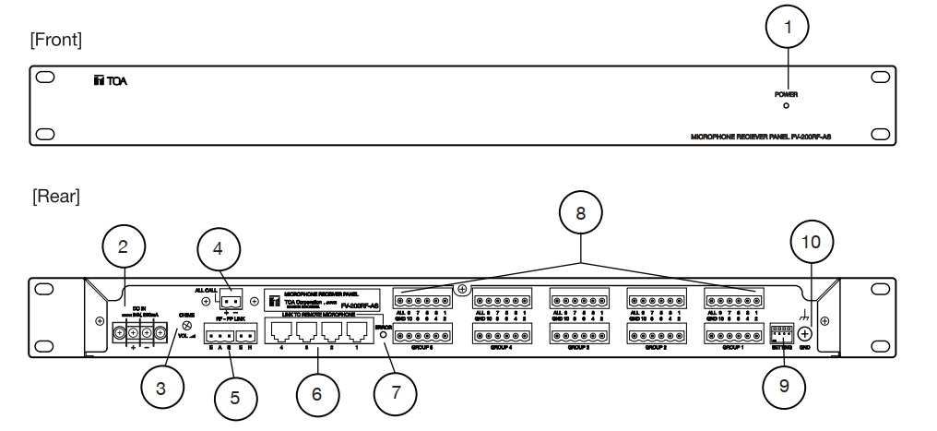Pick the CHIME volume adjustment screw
coord(188,326)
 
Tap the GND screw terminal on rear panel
coord(805,334)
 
